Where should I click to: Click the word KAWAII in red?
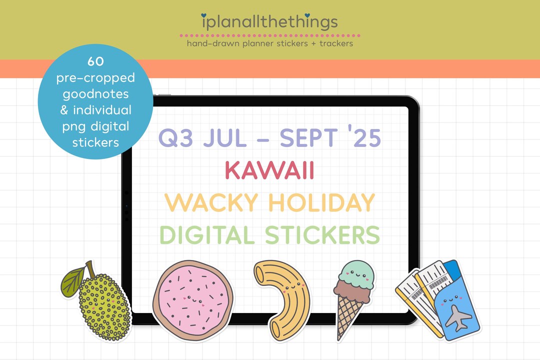click(269, 170)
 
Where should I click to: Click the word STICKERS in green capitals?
click(322, 235)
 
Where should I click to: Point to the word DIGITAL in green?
click(208, 235)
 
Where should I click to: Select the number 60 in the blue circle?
click(95, 61)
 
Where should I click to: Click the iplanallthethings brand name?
click(269, 22)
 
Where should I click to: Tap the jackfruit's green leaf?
click(73, 280)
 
